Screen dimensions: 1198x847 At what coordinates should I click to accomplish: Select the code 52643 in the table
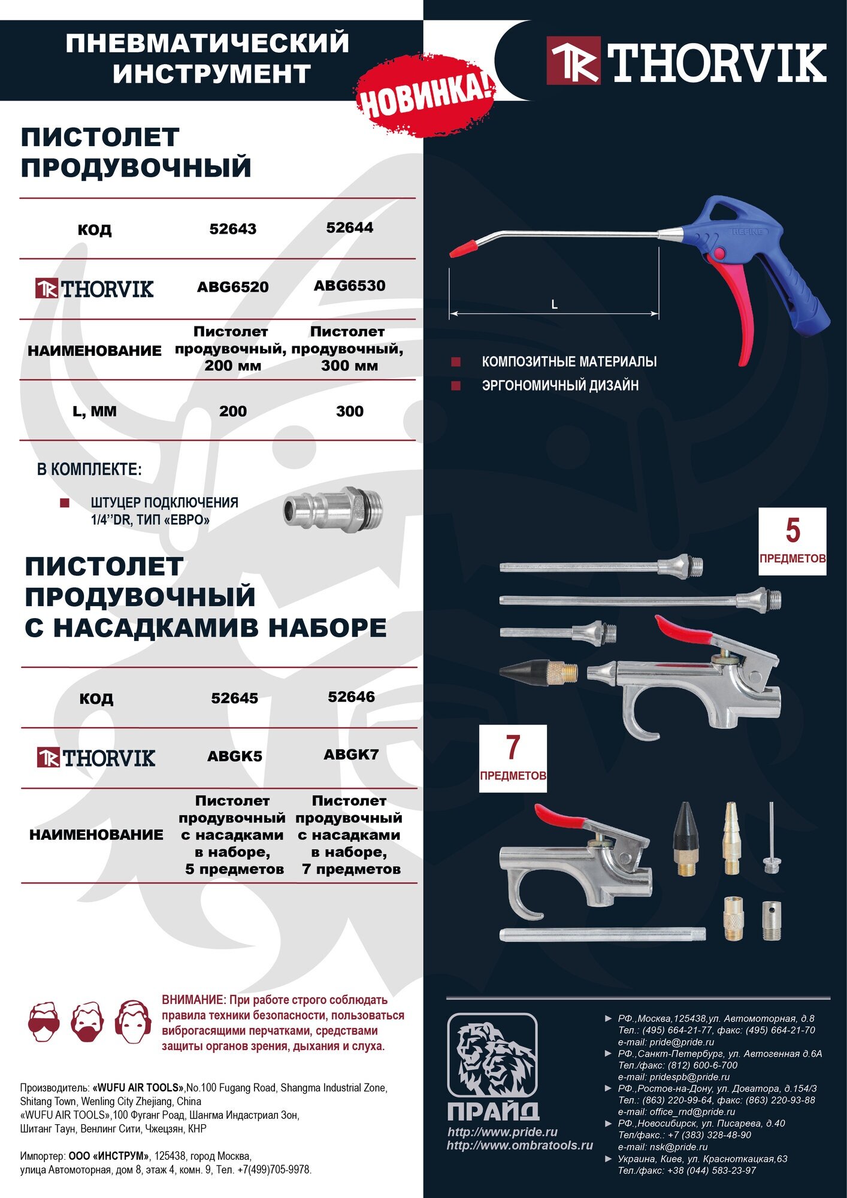(233, 229)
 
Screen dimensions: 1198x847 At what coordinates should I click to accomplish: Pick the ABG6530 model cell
(350, 286)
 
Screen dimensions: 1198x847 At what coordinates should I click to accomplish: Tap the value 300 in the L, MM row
(350, 412)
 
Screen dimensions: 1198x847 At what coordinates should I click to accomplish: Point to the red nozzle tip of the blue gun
(464, 247)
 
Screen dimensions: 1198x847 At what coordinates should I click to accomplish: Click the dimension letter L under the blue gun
(554, 305)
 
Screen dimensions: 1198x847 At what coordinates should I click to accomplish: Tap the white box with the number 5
(792, 541)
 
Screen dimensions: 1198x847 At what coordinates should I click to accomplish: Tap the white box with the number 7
(513, 758)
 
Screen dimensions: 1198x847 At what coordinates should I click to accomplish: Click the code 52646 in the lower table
(352, 697)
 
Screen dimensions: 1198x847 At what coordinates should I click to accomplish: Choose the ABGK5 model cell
(235, 757)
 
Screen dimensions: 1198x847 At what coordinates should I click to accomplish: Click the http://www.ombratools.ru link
(519, 1145)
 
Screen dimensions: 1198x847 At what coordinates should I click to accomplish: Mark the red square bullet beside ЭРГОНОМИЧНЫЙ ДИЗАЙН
(456, 386)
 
